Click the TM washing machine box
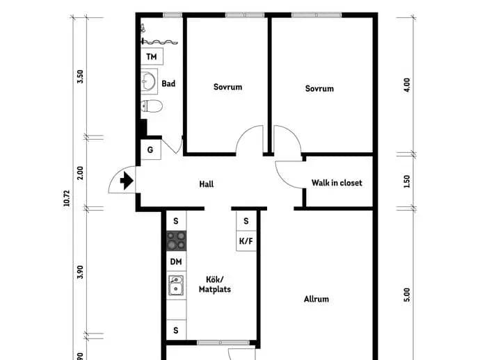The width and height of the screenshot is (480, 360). [x=152, y=56]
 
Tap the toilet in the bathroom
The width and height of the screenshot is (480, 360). [x=152, y=106]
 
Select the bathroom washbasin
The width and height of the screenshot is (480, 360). [x=150, y=81]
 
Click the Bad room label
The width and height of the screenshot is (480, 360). [x=168, y=83]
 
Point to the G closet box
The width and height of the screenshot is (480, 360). [x=151, y=149]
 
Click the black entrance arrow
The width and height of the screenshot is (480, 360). [x=127, y=181]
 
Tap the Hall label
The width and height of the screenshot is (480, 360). [x=207, y=184]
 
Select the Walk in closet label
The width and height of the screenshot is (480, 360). [x=337, y=183]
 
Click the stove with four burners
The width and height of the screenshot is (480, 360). [x=176, y=240]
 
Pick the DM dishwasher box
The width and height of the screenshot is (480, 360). [x=176, y=261]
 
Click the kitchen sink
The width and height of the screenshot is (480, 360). [x=176, y=286]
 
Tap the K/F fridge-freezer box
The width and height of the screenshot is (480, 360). [x=246, y=241]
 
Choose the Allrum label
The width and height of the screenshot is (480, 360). [x=317, y=299]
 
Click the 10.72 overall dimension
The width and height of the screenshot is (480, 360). [x=67, y=198]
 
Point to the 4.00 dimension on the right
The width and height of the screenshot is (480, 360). [x=407, y=85]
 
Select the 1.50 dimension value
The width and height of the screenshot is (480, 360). [x=407, y=181]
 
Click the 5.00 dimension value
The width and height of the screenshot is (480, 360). [x=407, y=295]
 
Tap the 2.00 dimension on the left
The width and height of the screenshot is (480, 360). [x=80, y=173]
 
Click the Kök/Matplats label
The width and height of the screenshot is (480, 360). [x=215, y=284]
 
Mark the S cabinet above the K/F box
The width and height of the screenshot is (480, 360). [x=246, y=221]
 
